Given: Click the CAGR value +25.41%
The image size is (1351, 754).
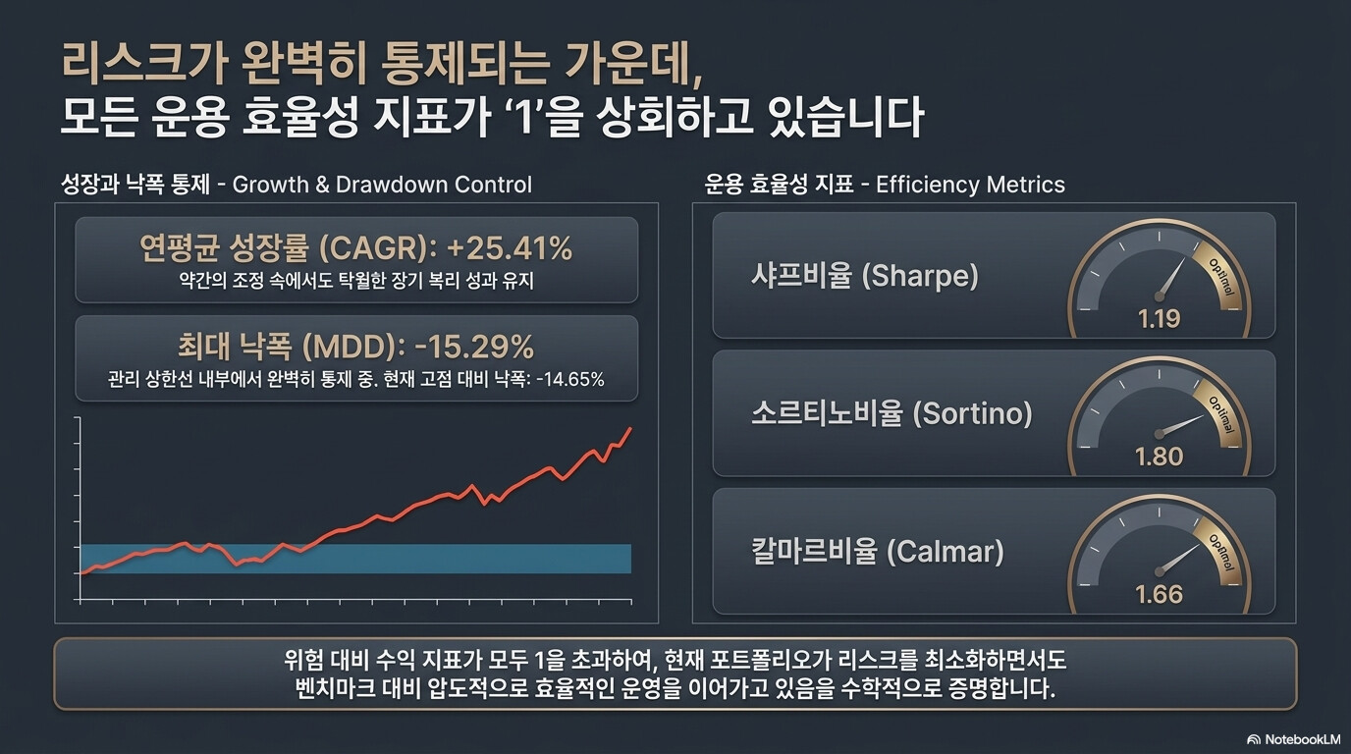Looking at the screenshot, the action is (510, 248).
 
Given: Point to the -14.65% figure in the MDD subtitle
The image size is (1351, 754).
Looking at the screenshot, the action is (569, 379).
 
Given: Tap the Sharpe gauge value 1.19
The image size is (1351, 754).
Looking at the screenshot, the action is (1159, 318).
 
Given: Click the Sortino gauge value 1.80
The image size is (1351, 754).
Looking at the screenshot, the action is (1159, 457).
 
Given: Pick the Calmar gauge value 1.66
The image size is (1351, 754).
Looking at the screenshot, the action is (1159, 595).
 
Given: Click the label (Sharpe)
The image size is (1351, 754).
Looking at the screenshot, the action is (920, 276).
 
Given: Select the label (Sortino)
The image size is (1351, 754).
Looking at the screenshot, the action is (972, 413).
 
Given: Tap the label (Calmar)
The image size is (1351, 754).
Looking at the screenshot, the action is (946, 552).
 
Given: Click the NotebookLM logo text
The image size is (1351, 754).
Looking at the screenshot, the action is (1303, 739).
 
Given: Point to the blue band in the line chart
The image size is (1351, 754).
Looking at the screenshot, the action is (355, 559).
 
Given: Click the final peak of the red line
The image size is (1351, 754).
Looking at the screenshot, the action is (630, 428).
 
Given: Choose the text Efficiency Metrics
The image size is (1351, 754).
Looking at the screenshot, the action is (970, 185).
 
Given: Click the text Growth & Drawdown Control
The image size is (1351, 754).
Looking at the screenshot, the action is (382, 185).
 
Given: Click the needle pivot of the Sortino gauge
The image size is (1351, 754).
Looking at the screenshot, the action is (1159, 434).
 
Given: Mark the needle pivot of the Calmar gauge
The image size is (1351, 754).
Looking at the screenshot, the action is (1159, 571).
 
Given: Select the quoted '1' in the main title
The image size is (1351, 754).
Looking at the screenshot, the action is (525, 117).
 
